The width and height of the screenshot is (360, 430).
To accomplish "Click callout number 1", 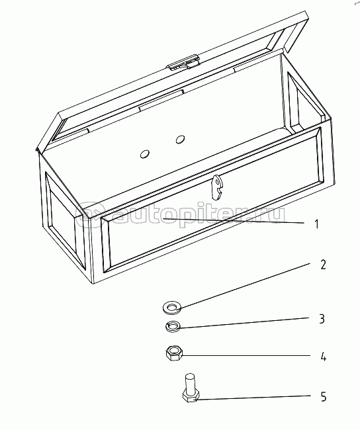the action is (x=317, y=224).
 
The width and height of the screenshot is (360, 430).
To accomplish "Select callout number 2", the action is (x=323, y=265).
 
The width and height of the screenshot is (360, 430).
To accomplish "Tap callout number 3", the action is (x=322, y=319).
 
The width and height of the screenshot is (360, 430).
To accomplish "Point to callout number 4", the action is (x=323, y=357).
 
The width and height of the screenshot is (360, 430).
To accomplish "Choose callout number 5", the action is (x=324, y=397).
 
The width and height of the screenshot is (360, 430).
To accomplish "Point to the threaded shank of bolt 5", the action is (x=190, y=382).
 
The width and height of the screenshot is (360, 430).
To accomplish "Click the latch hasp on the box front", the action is (x=217, y=188).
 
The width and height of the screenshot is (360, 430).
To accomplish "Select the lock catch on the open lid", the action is (x=183, y=63).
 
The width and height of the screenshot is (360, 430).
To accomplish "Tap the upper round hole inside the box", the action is (x=180, y=140).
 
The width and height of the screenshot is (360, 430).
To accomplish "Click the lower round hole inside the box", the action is (x=144, y=154).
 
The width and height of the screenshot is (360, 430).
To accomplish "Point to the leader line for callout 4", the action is (x=246, y=356).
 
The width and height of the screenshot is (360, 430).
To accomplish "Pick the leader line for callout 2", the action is (x=244, y=286).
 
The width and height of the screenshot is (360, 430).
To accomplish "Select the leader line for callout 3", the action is (x=244, y=323).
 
